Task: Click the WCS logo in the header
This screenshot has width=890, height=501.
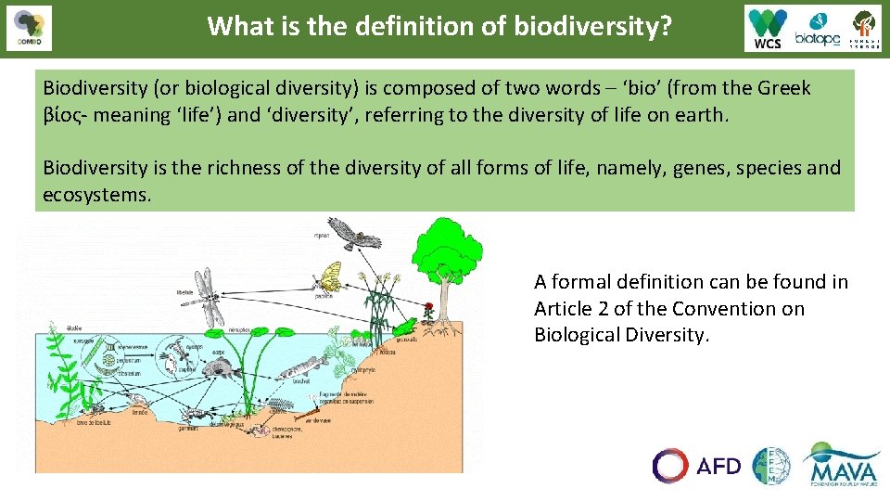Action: click(x=769, y=28)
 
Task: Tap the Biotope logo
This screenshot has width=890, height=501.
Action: click(x=817, y=28)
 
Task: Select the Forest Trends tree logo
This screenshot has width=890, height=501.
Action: click(x=864, y=28)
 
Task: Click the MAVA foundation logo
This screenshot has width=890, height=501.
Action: click(x=841, y=463)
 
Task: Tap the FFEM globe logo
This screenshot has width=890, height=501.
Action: click(x=771, y=465)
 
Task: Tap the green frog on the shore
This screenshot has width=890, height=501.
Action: click(x=404, y=326)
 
